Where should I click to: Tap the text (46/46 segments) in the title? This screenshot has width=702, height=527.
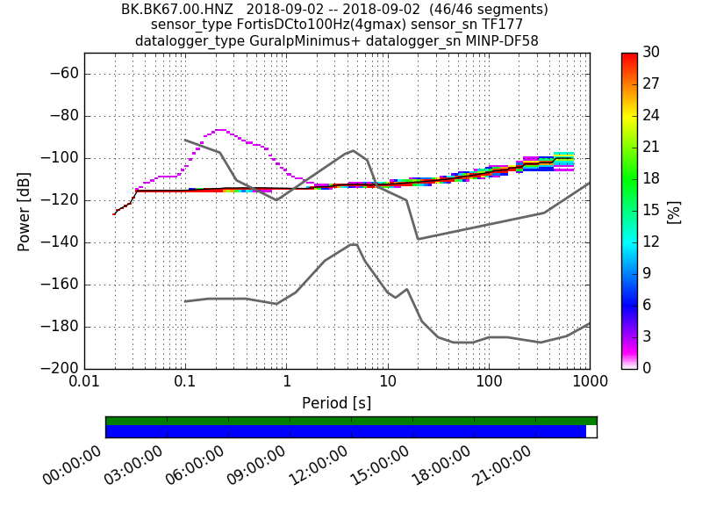[479, 10]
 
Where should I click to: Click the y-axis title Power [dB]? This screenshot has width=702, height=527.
[25, 211]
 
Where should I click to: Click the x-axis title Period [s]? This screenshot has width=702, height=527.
[337, 403]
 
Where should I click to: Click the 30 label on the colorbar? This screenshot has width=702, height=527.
[652, 53]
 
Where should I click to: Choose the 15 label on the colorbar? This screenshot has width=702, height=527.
[652, 211]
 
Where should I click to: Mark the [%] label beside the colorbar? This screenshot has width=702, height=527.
[673, 211]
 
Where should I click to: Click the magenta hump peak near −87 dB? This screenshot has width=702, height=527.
[219, 130]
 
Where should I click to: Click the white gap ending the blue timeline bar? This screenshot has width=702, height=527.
[591, 431]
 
